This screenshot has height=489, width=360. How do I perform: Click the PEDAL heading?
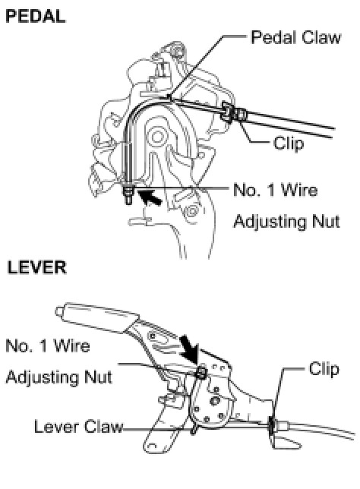36,17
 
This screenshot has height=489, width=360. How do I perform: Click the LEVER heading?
36,267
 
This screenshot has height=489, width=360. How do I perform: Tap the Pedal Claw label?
295,37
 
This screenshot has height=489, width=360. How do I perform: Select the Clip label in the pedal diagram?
289,144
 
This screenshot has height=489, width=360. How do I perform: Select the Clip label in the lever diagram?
324,369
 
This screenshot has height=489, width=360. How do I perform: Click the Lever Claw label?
79,426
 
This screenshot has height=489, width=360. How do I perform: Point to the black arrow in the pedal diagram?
149,197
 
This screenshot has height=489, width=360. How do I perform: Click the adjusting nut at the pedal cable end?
128,191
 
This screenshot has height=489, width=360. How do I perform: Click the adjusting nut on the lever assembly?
201,372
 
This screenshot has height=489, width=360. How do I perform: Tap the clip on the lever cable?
272,426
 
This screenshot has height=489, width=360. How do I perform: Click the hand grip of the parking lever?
97,316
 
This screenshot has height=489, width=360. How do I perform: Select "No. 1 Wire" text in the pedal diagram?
276,190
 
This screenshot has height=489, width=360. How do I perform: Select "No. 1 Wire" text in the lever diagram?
48,345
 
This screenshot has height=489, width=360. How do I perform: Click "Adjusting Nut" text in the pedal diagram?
286,222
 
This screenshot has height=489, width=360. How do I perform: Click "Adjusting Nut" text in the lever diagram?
59,377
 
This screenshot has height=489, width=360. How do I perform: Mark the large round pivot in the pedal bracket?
157,136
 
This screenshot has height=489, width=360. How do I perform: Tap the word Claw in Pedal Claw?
321,37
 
